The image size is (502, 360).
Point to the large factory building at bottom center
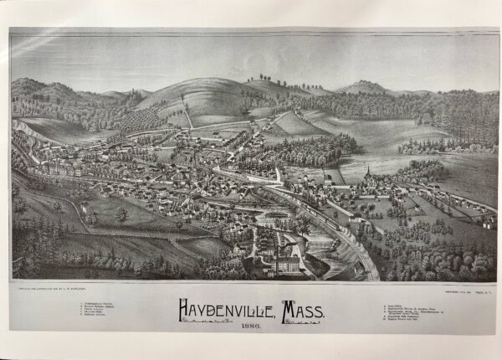285,265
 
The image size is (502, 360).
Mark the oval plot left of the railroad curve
276,215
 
